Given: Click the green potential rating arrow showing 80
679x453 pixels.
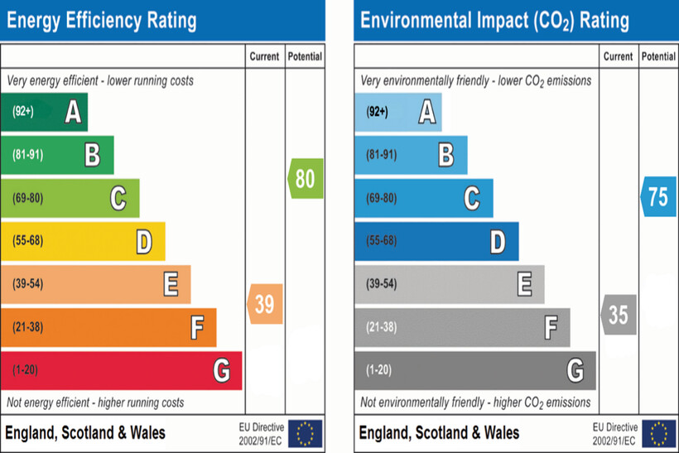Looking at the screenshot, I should [x=306, y=178].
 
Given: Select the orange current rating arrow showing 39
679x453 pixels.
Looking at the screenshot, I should [x=265, y=304].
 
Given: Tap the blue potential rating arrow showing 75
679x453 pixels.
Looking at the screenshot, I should [x=658, y=197].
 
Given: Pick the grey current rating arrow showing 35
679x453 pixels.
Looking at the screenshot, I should [x=619, y=315].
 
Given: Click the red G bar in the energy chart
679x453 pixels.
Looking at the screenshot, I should [x=121, y=370].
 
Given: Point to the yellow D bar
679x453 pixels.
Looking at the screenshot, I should [x=83, y=241].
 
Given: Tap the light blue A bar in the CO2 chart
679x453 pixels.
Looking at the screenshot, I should [x=397, y=112].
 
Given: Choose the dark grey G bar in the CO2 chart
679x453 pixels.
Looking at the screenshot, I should [x=474, y=370].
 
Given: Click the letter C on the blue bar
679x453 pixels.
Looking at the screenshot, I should [x=472, y=198].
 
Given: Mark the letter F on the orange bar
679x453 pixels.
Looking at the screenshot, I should [x=197, y=327].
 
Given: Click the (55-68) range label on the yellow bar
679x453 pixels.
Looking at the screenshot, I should [x=28, y=241].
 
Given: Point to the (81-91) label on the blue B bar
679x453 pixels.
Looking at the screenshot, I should [x=382, y=155].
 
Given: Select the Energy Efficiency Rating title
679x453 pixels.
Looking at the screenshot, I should [x=102, y=20].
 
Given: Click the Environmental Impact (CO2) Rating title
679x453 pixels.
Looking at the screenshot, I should [x=494, y=20].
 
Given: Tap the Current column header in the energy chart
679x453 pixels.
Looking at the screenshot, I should [x=265, y=56].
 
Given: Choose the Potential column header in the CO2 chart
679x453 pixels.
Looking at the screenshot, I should [x=658, y=56].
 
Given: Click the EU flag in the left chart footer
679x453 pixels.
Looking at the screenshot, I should [x=306, y=433].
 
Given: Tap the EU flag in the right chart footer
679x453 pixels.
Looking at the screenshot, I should [x=659, y=433].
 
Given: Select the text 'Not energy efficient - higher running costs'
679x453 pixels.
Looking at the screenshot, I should [x=96, y=402].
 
